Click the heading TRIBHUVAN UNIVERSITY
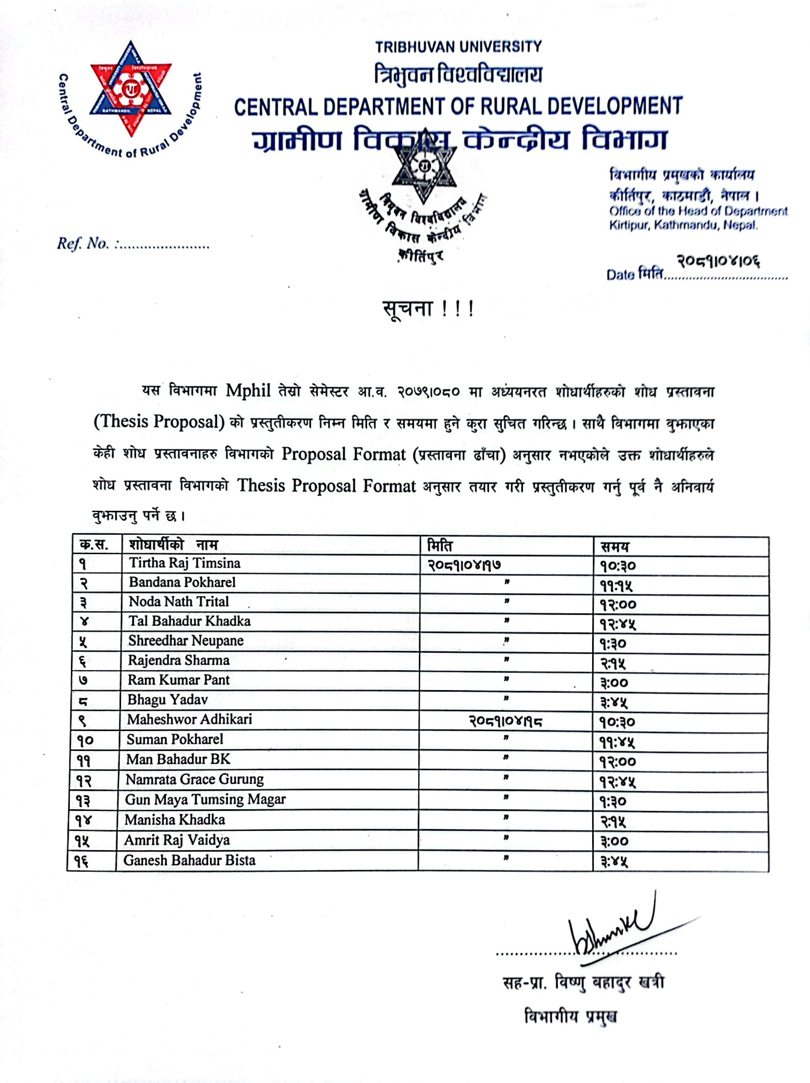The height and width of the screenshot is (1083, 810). coord(458,46)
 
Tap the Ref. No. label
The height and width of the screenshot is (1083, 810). coord(83,244)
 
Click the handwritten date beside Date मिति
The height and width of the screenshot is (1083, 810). coord(718,261)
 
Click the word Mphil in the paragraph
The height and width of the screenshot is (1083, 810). coord(248,391)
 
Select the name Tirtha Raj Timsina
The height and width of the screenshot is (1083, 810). coord(184,563)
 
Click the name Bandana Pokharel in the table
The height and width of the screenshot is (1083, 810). coord(182,582)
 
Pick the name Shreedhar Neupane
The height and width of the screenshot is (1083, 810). coord(185,641)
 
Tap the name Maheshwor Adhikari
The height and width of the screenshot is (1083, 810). coord(189,720)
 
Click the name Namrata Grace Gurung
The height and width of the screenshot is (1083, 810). coord(194,780)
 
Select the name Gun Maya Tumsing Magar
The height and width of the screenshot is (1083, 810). coord(205,800)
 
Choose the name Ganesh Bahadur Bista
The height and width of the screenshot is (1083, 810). coord(190,860)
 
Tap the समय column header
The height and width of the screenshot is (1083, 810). coord(614,546)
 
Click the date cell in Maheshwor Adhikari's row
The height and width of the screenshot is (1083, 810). coord(505,721)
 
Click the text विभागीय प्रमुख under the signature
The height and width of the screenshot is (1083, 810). coord(570,1017)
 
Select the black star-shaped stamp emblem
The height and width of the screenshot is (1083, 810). coord(424,167)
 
